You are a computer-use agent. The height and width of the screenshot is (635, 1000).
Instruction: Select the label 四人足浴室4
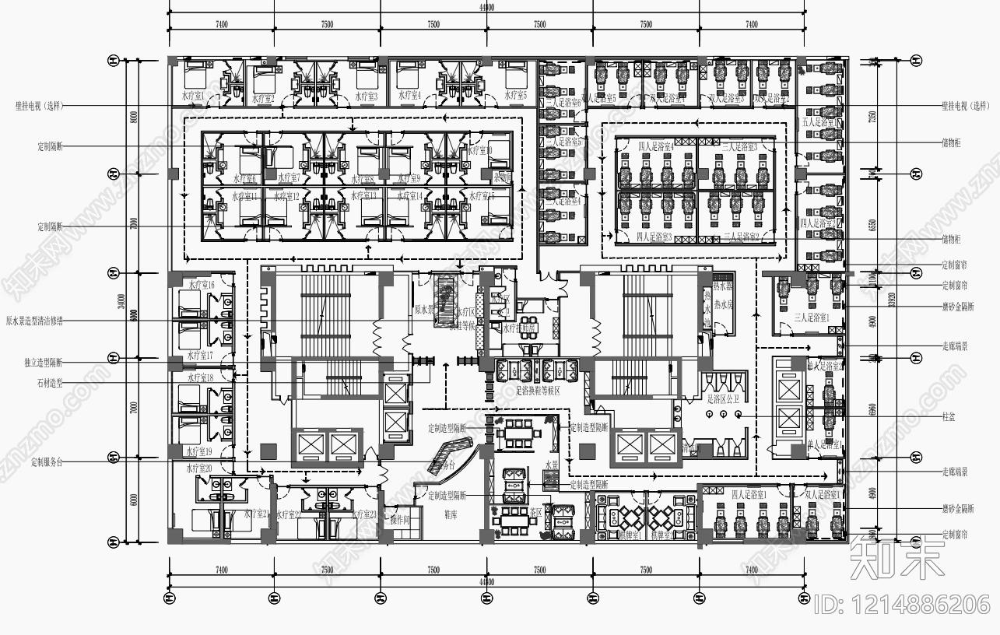(655, 146)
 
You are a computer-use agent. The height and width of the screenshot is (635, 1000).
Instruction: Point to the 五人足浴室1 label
(820, 122)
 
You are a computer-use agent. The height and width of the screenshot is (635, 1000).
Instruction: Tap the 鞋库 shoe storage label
(451, 514)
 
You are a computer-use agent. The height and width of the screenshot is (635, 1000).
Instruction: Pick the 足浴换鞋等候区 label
(543, 391)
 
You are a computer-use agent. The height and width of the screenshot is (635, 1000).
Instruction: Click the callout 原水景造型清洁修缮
(40, 320)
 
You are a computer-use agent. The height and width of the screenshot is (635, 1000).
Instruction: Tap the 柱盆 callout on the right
(948, 417)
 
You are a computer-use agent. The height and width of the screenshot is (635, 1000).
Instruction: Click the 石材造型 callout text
(51, 383)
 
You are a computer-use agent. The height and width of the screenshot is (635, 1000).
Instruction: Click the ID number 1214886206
(902, 604)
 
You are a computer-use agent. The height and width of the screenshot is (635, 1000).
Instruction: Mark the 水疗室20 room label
(199, 468)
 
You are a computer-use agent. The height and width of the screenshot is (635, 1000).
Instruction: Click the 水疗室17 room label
(200, 356)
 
